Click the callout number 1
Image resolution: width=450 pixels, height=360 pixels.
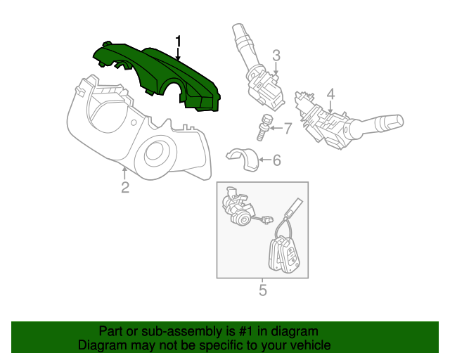pos(179,42)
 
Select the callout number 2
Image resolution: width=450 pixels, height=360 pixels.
pos(124,187)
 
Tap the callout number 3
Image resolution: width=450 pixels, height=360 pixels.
pos(276,56)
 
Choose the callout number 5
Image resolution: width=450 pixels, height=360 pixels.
pos(262,289)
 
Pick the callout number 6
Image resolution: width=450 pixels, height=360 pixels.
pos(276,161)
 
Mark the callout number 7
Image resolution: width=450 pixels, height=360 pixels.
pos(286,128)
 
